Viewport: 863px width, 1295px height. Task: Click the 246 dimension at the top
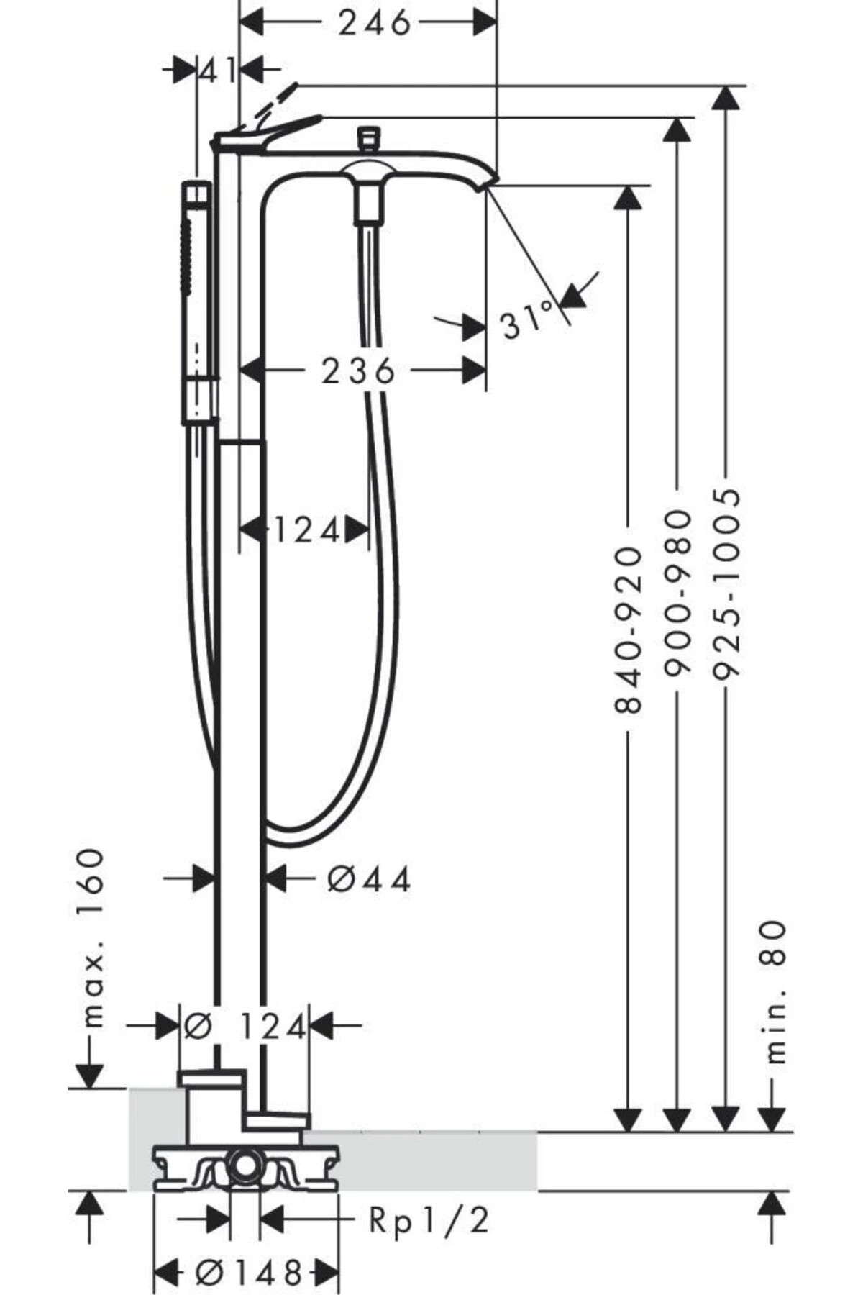(x=375, y=23)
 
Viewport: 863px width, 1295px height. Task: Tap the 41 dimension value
(x=218, y=71)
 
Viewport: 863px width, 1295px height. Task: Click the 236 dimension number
(x=358, y=371)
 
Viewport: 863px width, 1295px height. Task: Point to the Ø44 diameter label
(x=370, y=878)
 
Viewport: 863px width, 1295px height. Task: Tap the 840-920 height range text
(x=629, y=630)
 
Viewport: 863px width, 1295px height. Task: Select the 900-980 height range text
(x=677, y=594)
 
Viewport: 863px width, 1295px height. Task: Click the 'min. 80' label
(x=775, y=992)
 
